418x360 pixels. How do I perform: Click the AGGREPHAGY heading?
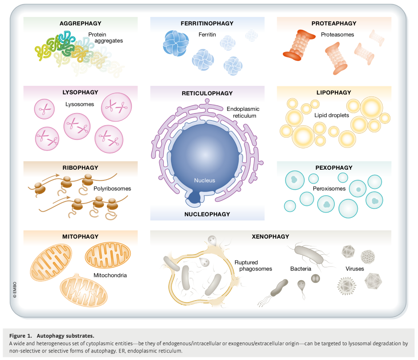point(81,23)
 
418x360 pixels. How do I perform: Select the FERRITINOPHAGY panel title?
point(207,23)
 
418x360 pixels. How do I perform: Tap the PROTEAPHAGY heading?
point(334,23)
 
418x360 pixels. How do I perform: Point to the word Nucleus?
point(205,180)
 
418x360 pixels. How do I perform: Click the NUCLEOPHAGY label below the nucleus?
point(207,214)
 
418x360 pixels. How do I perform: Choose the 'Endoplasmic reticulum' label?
point(243,112)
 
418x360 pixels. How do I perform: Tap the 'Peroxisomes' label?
point(329,189)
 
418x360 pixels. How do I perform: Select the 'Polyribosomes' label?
point(112,188)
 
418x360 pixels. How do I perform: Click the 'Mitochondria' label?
point(110,275)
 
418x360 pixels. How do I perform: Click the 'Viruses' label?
point(355,269)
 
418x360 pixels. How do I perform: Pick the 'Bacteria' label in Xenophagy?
point(301,269)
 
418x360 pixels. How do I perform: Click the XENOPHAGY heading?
point(270,237)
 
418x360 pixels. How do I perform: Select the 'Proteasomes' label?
point(337,34)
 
